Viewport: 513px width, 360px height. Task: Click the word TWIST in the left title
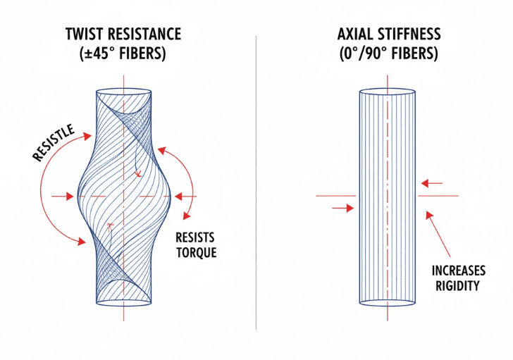pyautogui.click(x=86, y=35)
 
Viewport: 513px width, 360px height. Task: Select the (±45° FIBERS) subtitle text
pyautogui.click(x=123, y=55)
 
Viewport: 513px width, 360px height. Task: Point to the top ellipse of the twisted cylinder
pyautogui.click(x=124, y=95)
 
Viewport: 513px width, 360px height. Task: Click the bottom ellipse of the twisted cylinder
pyautogui.click(x=124, y=302)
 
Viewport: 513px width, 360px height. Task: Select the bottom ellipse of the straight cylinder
pyautogui.click(x=387, y=302)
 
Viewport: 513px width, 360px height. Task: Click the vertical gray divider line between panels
pyautogui.click(x=256, y=183)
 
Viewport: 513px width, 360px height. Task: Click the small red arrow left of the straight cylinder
pyautogui.click(x=342, y=208)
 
